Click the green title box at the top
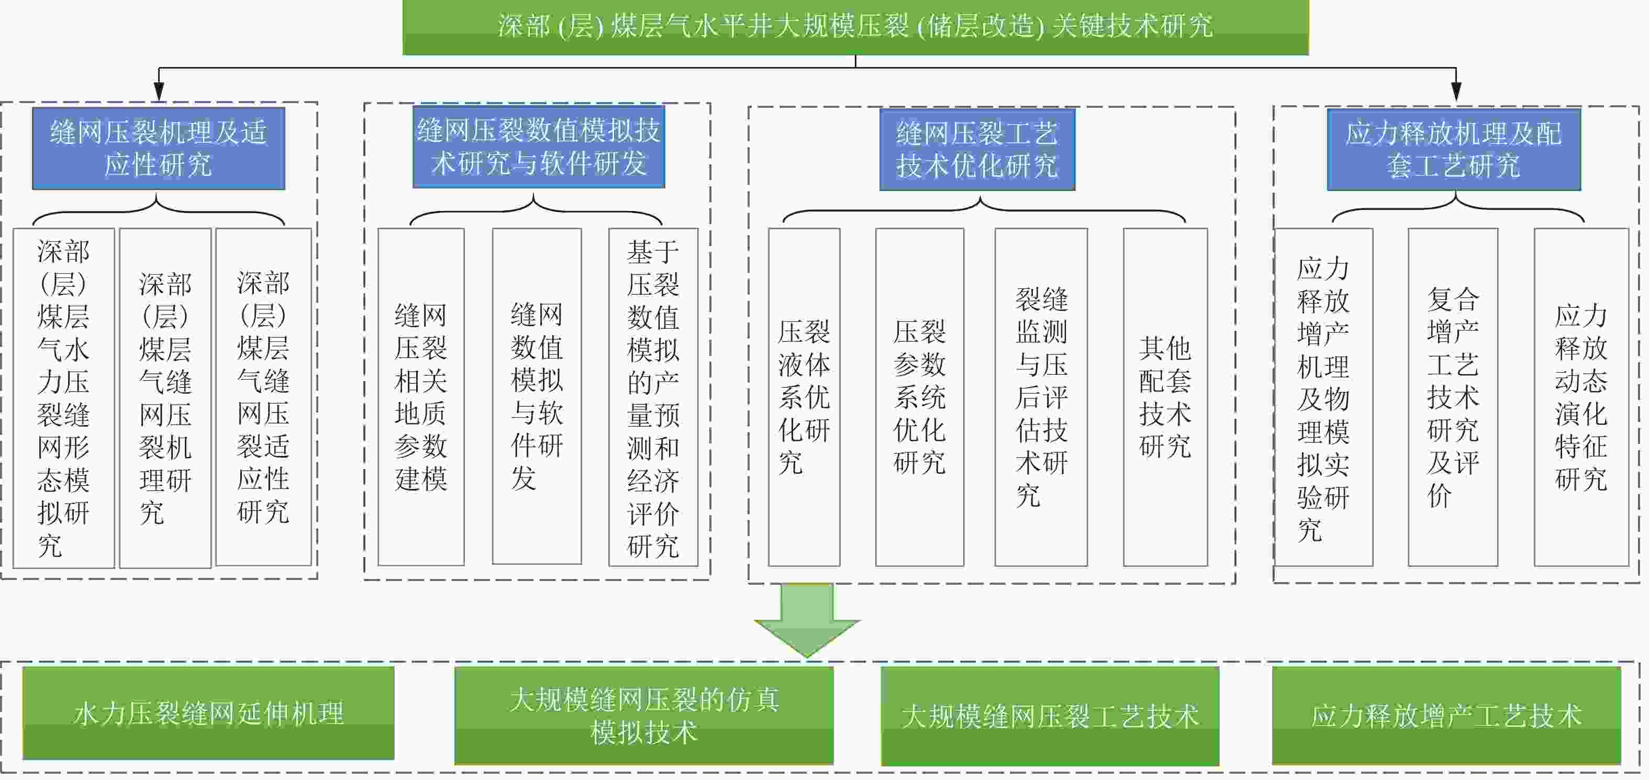click(855, 27)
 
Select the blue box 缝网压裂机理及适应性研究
click(159, 149)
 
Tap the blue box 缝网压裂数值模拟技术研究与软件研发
click(538, 147)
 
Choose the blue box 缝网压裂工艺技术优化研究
click(977, 150)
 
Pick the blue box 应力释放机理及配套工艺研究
click(1453, 150)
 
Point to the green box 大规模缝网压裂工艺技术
click(1050, 716)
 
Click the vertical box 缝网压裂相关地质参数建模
click(420, 397)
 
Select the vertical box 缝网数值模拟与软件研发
click(537, 396)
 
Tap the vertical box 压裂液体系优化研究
click(804, 397)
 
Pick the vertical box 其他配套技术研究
click(1165, 397)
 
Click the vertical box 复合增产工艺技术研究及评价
click(1453, 397)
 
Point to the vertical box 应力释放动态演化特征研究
click(1581, 397)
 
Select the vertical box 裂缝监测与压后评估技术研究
click(1041, 397)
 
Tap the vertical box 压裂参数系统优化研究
click(919, 397)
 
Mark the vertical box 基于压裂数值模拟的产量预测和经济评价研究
click(653, 397)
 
